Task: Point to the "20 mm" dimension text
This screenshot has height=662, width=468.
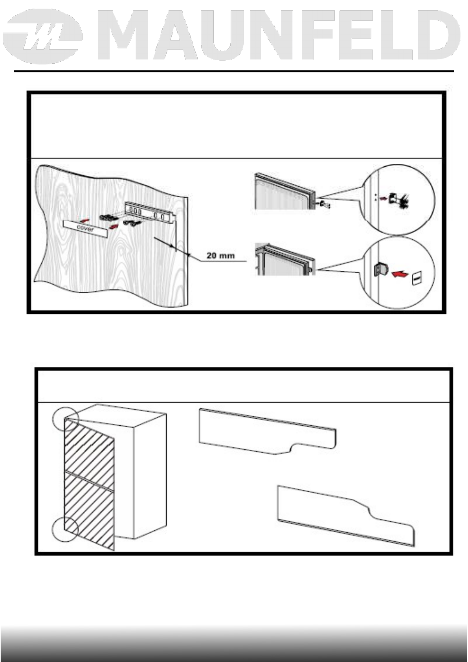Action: tap(221, 256)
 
